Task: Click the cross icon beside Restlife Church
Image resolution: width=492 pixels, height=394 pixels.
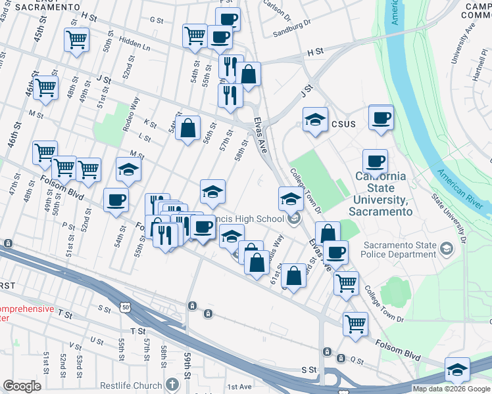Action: click(172, 383)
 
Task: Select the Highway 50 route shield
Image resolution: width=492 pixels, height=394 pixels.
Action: click(125, 307)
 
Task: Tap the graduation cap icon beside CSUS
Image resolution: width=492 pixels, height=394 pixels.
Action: click(315, 120)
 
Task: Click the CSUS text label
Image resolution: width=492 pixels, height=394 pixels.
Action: click(343, 123)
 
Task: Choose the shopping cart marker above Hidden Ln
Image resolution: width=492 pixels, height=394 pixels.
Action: click(77, 41)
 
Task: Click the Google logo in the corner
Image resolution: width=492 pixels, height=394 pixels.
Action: click(22, 386)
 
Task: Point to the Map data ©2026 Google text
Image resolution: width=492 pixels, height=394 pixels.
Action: click(451, 389)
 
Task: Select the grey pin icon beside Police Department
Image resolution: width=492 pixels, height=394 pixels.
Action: click(447, 249)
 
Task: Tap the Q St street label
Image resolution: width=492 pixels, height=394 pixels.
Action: click(357, 360)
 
